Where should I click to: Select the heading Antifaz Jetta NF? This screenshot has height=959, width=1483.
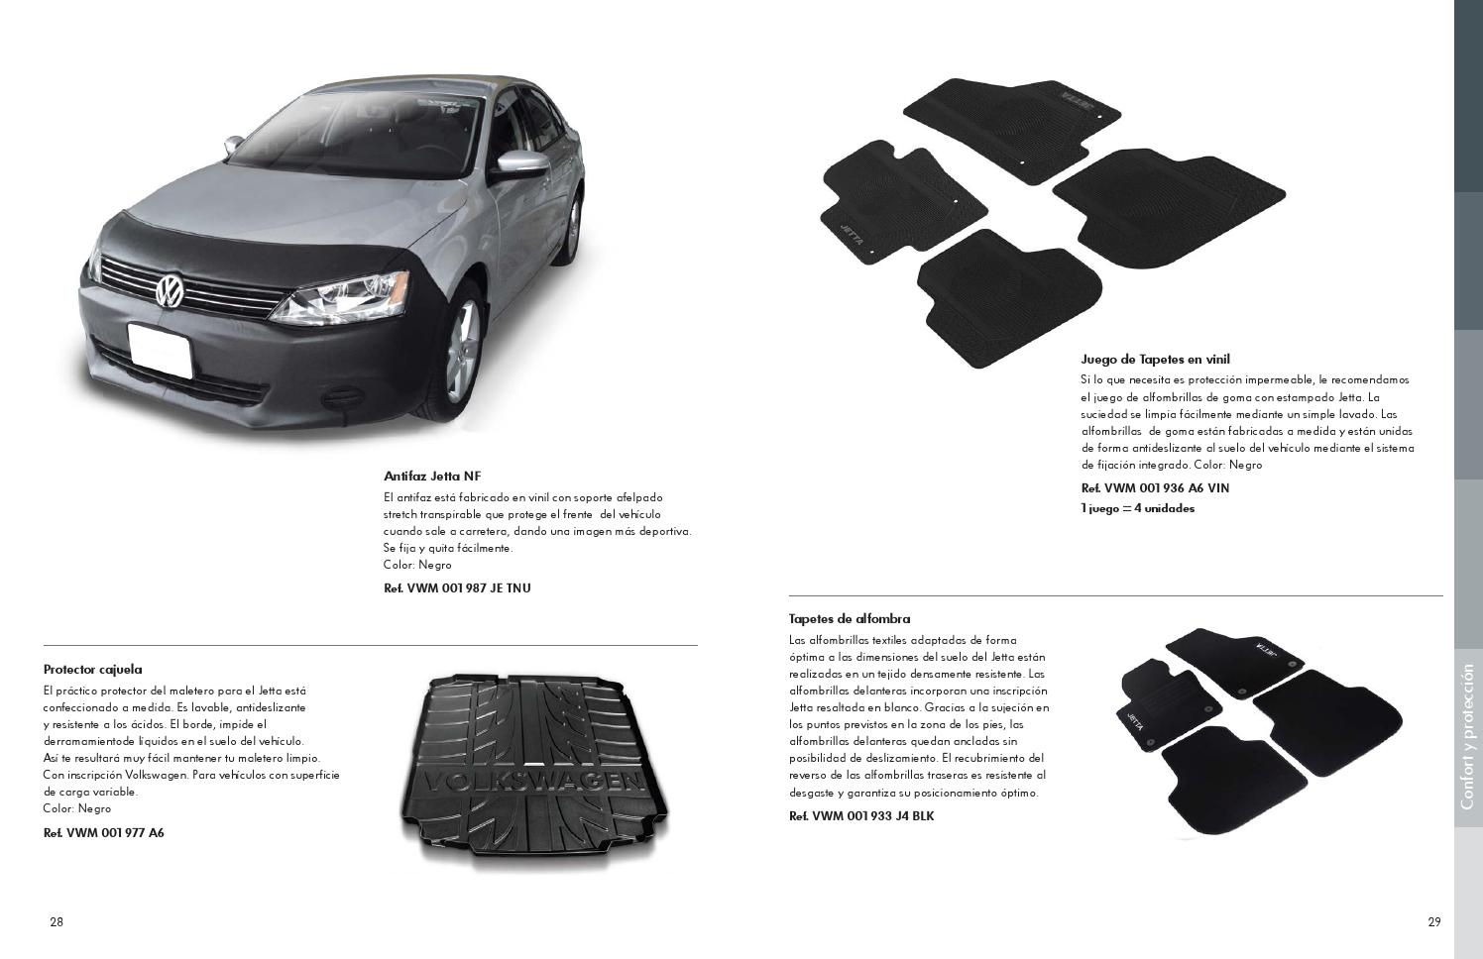(x=432, y=476)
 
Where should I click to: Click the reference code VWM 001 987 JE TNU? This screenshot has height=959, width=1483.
(x=457, y=588)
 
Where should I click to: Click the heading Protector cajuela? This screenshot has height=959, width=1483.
(x=93, y=670)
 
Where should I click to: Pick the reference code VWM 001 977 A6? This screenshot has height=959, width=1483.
(x=104, y=833)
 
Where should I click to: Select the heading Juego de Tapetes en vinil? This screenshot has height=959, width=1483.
(x=1155, y=360)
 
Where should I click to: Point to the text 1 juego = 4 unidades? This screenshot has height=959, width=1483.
(x=1137, y=508)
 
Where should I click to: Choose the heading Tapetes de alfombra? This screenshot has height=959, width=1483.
(x=850, y=619)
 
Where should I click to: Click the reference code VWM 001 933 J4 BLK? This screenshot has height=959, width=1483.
(x=861, y=816)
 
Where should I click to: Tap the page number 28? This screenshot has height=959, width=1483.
(x=57, y=922)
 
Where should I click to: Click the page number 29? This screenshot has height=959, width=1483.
(x=1434, y=922)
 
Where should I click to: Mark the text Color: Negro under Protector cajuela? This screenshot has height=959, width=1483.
(x=77, y=808)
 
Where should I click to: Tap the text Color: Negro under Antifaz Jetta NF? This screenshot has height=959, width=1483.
(x=417, y=565)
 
